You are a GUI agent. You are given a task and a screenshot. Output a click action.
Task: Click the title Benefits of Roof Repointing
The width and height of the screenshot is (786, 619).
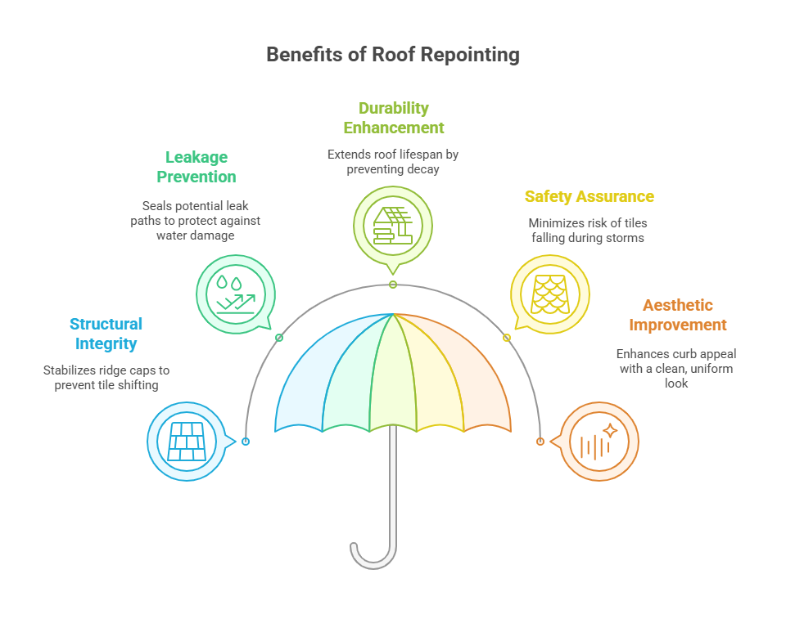coord(393,55)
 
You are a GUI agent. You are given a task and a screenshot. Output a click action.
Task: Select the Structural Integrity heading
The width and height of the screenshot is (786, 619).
coord(106,334)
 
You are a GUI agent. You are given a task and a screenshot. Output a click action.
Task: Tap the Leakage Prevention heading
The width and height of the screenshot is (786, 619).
coord(196,167)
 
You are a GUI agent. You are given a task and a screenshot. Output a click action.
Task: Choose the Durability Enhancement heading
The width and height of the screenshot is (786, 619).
coord(393,118)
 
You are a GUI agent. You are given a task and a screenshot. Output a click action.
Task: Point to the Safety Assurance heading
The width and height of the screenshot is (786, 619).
coord(589,196)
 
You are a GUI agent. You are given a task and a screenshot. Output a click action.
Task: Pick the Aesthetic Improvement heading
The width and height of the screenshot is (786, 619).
coord(677,315)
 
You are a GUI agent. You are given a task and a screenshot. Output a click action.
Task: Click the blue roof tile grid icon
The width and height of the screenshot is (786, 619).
coord(187,442)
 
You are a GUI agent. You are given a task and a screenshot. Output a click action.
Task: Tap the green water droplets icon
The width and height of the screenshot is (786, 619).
coord(236,294)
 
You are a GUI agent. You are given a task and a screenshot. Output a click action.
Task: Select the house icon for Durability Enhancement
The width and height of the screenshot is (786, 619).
coord(393,225)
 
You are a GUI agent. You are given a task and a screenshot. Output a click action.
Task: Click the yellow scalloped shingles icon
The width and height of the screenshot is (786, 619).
coord(549,294)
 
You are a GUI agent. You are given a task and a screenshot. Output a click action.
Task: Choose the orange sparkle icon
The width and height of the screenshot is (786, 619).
coord(599,442)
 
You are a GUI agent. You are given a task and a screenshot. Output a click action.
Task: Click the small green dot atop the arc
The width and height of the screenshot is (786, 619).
coord(393,285)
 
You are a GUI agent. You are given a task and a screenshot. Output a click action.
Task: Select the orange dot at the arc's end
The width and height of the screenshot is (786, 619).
coord(540,442)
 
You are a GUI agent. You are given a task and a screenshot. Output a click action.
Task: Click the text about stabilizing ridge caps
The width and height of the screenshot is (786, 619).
coord(106,378)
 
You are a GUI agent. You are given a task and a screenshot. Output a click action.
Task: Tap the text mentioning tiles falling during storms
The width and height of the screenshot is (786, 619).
coord(589,230)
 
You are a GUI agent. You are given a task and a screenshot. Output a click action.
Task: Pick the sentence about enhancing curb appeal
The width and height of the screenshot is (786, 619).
coord(677,368)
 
